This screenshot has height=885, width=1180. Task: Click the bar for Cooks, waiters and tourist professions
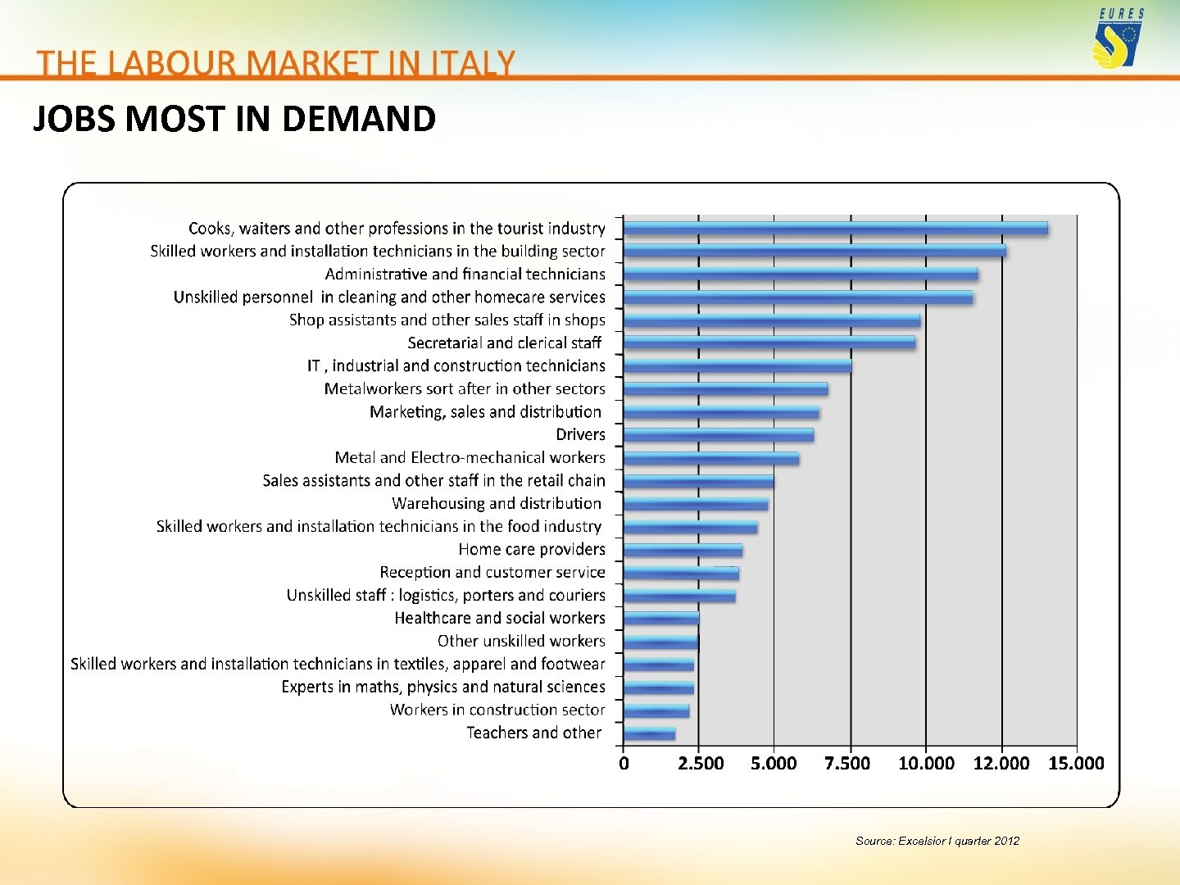click(836, 229)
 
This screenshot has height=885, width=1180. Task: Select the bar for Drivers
click(719, 435)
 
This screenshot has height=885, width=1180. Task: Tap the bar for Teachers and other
click(650, 733)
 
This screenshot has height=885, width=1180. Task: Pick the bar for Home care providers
click(683, 550)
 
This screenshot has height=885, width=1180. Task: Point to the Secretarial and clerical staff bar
click(769, 343)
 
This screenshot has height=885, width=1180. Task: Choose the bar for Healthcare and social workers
click(661, 618)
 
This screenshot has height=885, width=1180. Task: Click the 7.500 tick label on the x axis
click(847, 764)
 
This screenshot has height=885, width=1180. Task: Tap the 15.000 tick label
click(1076, 764)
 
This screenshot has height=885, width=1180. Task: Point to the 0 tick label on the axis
click(624, 764)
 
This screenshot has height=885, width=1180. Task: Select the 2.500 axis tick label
click(701, 764)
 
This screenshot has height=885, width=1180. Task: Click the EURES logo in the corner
click(1118, 39)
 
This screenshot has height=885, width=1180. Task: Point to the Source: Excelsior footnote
click(937, 841)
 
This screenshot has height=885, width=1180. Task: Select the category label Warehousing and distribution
click(497, 504)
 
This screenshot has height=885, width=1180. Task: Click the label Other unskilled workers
click(521, 642)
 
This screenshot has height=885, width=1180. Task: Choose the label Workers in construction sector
click(497, 710)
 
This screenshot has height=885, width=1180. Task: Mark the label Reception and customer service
click(492, 573)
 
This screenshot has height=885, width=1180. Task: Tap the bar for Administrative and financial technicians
click(801, 275)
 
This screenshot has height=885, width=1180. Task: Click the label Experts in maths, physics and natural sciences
click(443, 688)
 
